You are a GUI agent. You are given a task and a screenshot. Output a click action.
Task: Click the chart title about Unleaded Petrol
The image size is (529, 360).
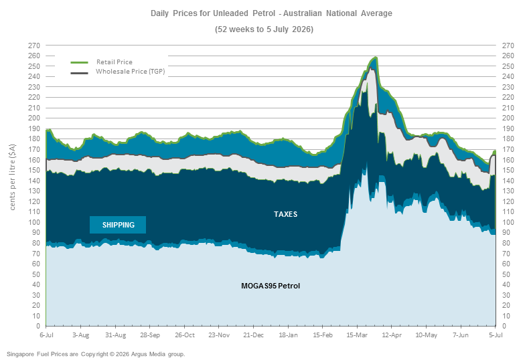271,13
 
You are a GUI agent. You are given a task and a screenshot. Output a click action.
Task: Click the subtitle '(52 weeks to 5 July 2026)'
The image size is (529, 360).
264,29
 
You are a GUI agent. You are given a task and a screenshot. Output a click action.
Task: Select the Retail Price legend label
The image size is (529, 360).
115,62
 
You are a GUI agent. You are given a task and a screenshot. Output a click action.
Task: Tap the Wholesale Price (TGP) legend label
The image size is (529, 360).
130,72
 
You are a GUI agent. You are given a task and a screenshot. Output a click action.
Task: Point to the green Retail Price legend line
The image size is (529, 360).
79,62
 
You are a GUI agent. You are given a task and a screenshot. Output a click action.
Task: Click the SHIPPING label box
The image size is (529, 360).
118,225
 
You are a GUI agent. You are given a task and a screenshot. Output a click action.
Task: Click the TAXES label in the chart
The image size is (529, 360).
285,214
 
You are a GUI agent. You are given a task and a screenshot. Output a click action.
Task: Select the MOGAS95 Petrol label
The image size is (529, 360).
271,286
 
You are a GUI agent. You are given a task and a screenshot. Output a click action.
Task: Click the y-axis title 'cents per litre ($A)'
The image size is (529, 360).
13,177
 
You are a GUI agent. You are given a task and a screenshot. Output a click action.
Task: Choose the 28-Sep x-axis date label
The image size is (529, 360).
150,335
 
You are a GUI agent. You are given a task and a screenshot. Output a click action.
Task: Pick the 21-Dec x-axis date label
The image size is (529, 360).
253,335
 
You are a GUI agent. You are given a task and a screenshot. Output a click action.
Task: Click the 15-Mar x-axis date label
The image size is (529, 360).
357,335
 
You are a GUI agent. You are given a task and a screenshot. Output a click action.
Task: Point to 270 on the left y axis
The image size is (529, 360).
34,46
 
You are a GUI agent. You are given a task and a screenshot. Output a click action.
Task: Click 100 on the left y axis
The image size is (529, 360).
34,222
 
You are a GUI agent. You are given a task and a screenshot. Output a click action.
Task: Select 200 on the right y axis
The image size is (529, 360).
508,118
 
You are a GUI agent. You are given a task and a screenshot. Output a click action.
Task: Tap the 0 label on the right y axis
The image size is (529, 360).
504,326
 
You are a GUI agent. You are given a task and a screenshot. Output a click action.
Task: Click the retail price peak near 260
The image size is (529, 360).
376,58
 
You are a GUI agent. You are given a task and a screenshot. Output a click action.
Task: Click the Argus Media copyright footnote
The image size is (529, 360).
96,354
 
